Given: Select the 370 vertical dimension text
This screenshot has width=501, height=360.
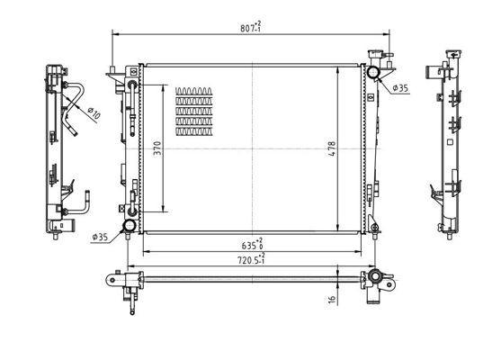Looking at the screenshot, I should point(157,149).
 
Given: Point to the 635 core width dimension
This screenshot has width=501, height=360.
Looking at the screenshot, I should point(251,243).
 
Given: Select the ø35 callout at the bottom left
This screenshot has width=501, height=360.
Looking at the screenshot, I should point(100,237).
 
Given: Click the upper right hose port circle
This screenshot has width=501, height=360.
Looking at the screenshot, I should point(371,73).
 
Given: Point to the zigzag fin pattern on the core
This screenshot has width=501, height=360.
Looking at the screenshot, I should point(196,112).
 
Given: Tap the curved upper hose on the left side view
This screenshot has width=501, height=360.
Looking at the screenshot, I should point(76,95).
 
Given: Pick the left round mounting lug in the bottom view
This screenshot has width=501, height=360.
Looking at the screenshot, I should point(114,279).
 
